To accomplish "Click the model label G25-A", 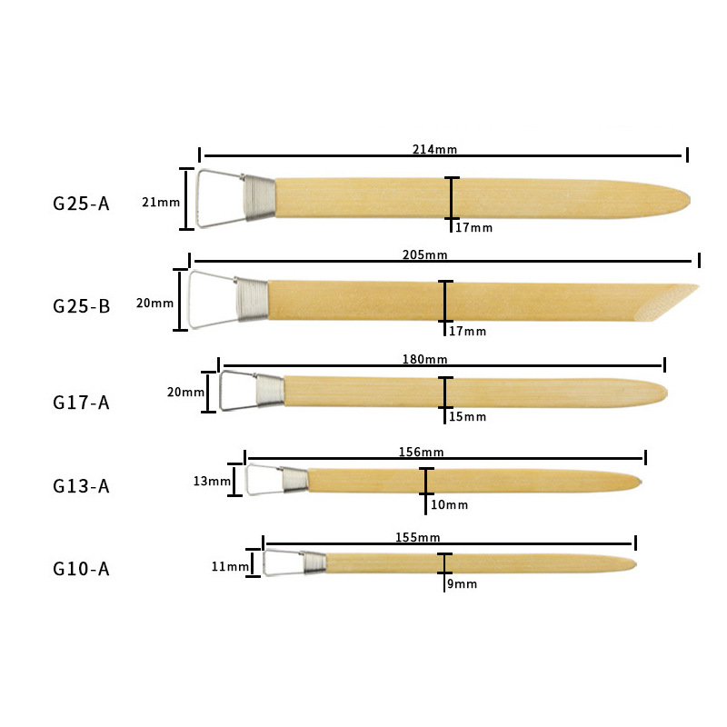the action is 81,204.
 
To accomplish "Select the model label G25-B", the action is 81,306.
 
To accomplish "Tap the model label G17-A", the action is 81,403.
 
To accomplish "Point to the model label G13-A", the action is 81,486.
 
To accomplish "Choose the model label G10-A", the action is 81,569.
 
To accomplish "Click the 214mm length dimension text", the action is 434,149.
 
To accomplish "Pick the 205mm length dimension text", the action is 424,254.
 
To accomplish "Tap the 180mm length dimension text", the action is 424,359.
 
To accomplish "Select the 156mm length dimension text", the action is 421,452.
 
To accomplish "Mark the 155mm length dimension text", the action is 417,537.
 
